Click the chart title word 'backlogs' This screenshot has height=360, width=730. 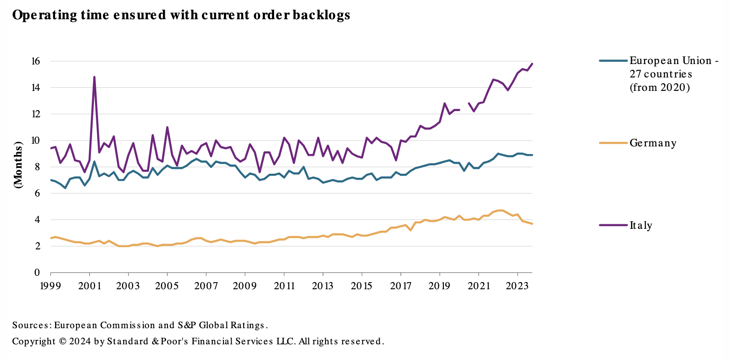[321, 15]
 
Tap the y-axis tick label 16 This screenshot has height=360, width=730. [35, 61]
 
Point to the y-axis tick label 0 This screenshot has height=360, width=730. [37, 273]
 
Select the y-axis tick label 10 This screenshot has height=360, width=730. [35, 141]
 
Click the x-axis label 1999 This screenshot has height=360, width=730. [51, 286]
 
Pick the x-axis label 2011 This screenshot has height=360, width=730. [284, 286]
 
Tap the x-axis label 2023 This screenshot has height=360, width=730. [517, 286]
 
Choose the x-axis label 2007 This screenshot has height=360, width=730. [206, 286]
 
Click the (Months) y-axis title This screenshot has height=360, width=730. [18, 165]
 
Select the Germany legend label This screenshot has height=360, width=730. [653, 143]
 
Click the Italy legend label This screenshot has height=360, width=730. [640, 226]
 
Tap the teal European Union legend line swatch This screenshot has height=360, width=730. [613, 60]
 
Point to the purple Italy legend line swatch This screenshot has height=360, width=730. [613, 225]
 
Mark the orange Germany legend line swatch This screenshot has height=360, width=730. [613, 143]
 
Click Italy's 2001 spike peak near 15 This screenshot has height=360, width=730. [94, 77]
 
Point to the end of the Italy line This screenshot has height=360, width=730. [532, 64]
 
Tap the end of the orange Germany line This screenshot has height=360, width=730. [532, 223]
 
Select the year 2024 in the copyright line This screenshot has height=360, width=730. [79, 342]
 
